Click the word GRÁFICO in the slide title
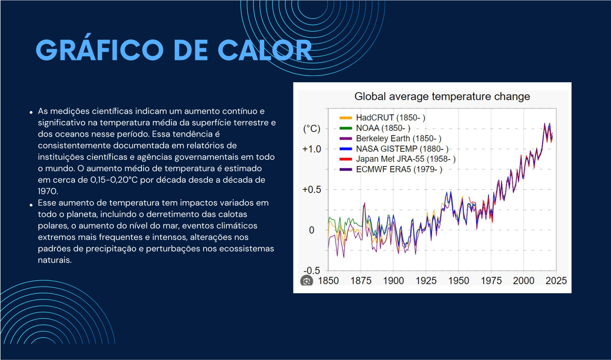(x=95, y=50)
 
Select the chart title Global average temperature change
(x=442, y=97)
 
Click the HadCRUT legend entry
(x=390, y=118)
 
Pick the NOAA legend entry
(x=383, y=128)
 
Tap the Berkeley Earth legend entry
(x=399, y=138)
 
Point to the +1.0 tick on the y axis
(x=312, y=149)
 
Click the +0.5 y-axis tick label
(x=312, y=190)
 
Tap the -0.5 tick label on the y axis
(x=312, y=271)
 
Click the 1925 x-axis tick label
(x=426, y=281)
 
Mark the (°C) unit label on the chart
(x=312, y=128)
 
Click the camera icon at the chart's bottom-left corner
(x=307, y=281)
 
